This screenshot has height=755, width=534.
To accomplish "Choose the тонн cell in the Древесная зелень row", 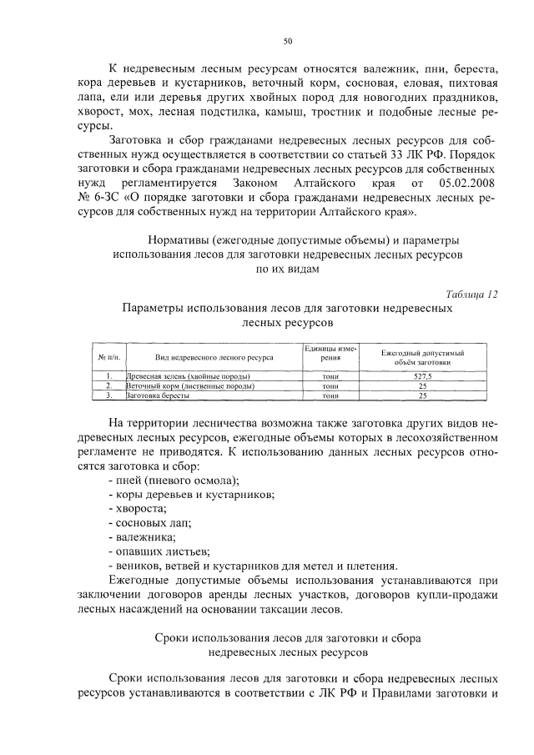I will tap(330, 377).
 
